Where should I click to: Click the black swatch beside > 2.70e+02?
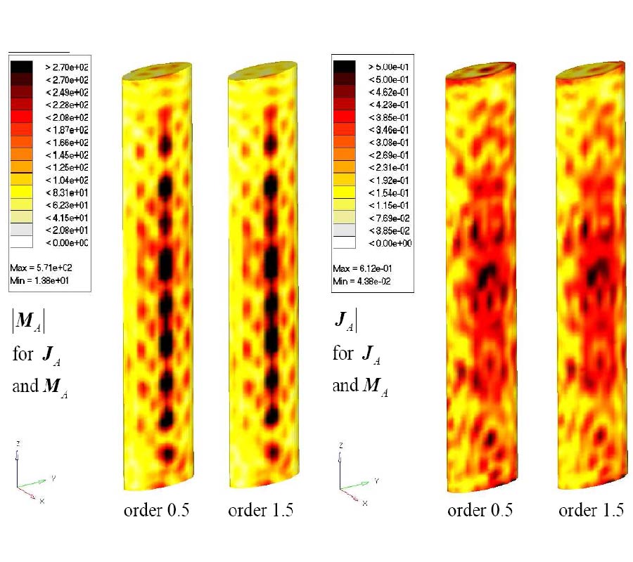tap(22, 67)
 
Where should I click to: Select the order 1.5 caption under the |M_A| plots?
tap(260, 511)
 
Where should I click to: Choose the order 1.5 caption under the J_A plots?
tap(591, 511)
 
